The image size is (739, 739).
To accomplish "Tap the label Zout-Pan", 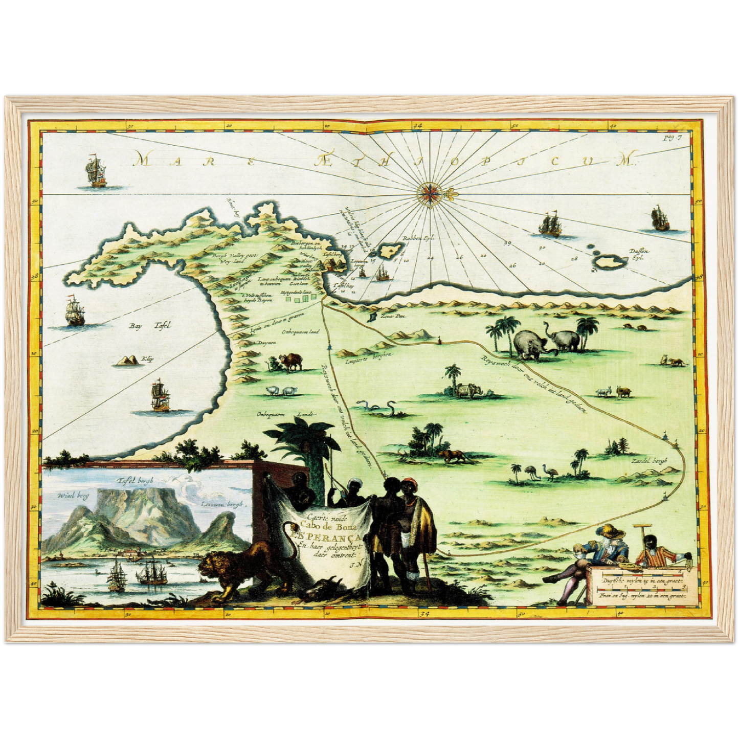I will pos(396,317).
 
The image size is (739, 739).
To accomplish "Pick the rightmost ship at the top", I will pos(659,219).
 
